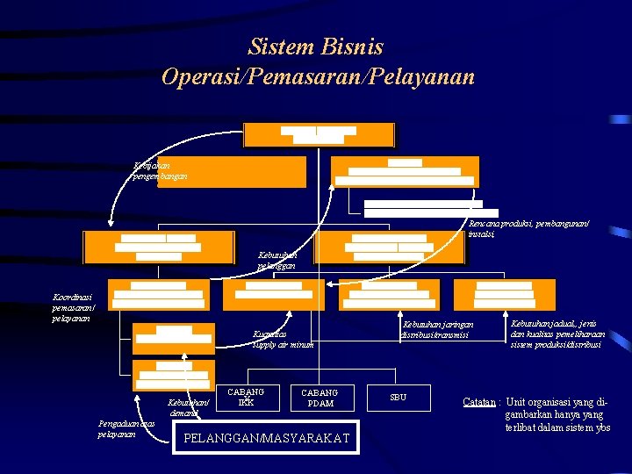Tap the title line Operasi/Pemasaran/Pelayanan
tap(318, 76)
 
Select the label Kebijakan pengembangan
tap(159, 170)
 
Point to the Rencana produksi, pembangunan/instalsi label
tap(528, 229)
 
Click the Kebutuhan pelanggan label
tap(276, 260)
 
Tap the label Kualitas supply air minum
tap(283, 340)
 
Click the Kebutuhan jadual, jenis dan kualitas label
tap(557, 334)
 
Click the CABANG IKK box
tap(246, 397)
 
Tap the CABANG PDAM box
tap(320, 398)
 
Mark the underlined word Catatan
tap(480, 403)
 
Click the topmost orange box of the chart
tap(319, 134)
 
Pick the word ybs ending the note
tap(601, 427)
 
